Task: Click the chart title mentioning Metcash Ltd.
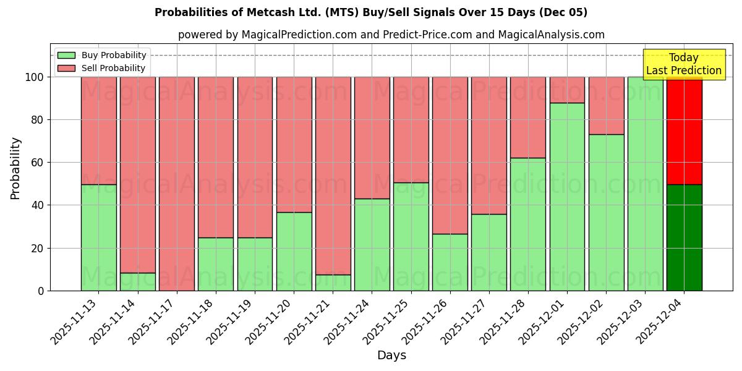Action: click(x=371, y=12)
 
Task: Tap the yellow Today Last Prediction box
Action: click(x=683, y=64)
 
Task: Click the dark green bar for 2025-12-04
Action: click(x=684, y=237)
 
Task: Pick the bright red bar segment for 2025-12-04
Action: click(x=684, y=130)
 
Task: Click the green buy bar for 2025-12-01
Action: click(x=567, y=197)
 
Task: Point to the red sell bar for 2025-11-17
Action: click(x=177, y=184)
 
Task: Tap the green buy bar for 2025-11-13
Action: click(x=99, y=237)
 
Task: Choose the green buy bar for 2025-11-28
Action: click(x=528, y=224)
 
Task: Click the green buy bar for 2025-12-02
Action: click(x=606, y=212)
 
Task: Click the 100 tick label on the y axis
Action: click(x=35, y=77)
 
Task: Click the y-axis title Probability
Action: click(x=15, y=168)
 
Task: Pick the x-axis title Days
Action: click(x=391, y=356)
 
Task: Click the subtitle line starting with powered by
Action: click(x=391, y=35)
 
